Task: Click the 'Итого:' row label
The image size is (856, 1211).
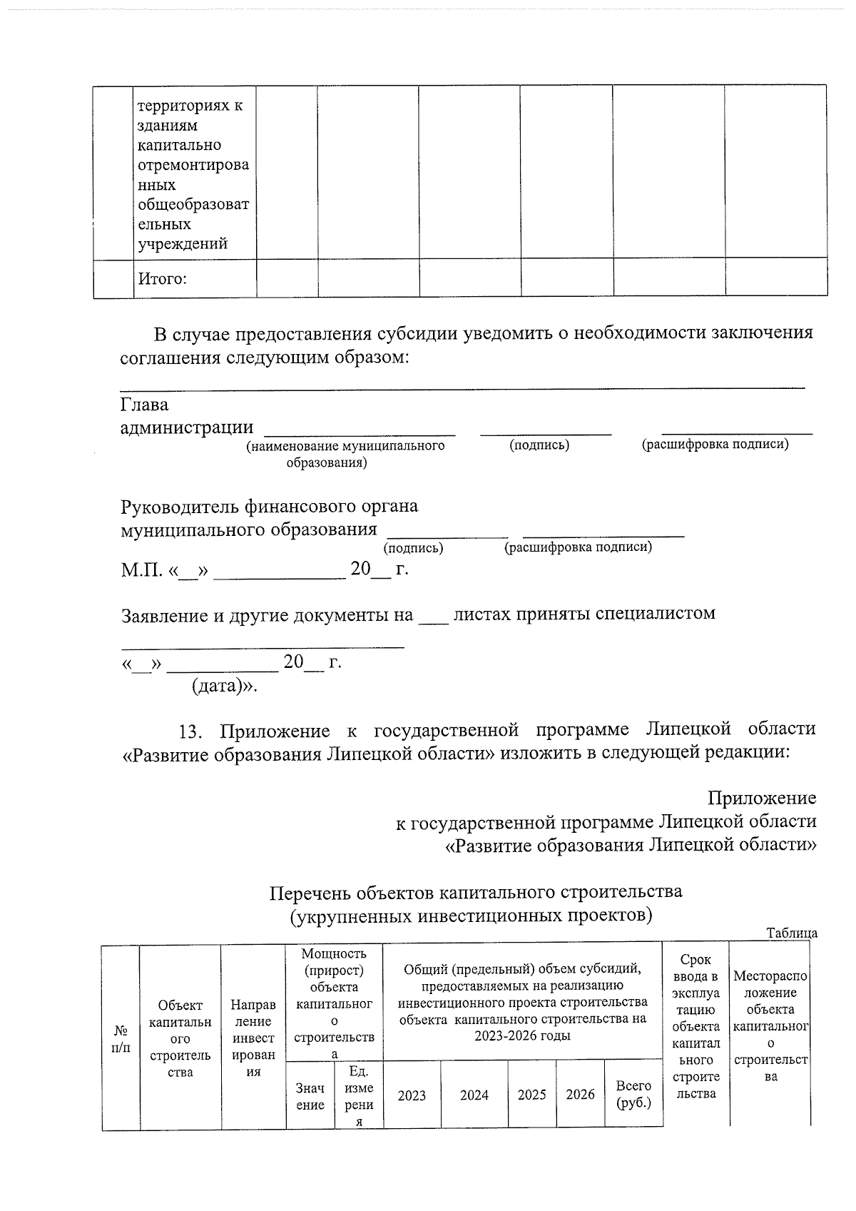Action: coord(162,279)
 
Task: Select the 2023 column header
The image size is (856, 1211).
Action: coord(412,1095)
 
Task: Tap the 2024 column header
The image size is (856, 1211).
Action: coord(474,1095)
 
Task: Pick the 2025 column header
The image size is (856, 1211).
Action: coord(531,1095)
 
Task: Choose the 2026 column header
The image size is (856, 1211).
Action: coord(580,1095)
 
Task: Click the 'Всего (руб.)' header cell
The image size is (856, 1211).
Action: coord(633,1094)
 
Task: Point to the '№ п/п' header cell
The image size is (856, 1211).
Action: coord(121,1039)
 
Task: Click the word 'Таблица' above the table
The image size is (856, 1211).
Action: coord(792,933)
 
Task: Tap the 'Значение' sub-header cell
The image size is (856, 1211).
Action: coord(310,1096)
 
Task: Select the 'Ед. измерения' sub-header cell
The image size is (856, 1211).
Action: coord(359,1096)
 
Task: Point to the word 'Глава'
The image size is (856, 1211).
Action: coord(144,405)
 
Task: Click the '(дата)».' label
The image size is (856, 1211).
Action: coord(224,686)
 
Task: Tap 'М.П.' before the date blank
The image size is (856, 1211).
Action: coord(140,570)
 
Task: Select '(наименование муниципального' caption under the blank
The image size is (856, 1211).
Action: coord(345,446)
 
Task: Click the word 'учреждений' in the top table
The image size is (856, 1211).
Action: coord(183,244)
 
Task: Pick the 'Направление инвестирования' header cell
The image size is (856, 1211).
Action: coord(253,1038)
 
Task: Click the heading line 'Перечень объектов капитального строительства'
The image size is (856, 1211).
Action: coord(476,892)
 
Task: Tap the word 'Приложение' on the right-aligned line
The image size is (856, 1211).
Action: coord(762,798)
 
